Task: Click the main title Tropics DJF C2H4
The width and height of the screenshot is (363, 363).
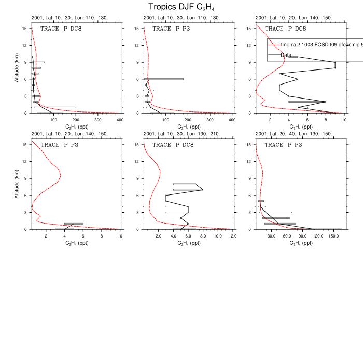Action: coord(181,7)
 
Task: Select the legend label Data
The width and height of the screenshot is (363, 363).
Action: coord(286,54)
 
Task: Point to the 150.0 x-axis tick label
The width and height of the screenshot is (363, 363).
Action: coord(333,236)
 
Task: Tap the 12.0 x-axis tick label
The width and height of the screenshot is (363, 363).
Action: coord(232,236)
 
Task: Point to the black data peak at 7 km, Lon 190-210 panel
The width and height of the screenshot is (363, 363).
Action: coord(203,190)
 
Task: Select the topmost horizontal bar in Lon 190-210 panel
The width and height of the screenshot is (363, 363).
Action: coord(184,184)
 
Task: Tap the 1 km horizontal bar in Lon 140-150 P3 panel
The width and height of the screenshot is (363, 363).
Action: coord(74,224)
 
